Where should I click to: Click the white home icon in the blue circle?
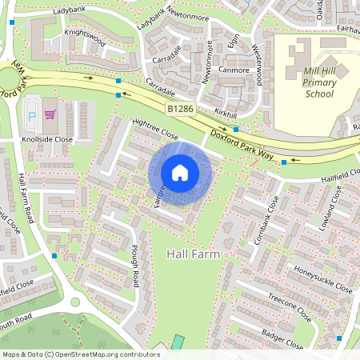(x=180, y=171)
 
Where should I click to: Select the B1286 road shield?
(x=180, y=107)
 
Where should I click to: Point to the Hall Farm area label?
(x=193, y=254)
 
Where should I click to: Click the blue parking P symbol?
(x=32, y=115)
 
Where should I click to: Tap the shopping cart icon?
(x=50, y=115)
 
